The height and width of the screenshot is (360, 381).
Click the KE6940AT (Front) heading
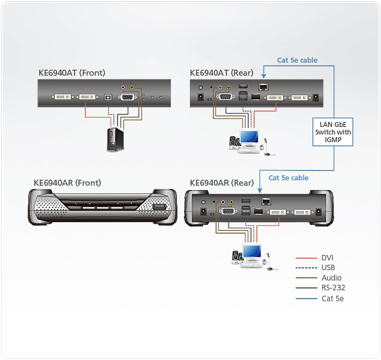pyautogui.click(x=71, y=72)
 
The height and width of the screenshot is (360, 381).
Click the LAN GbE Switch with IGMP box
pyautogui.click(x=333, y=132)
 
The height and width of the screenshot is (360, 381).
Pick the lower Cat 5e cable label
pyautogui.click(x=288, y=178)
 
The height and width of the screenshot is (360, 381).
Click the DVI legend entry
pyautogui.click(x=328, y=258)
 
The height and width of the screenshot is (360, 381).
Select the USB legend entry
pyautogui.click(x=328, y=267)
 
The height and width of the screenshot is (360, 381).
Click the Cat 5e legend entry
pyautogui.click(x=333, y=298)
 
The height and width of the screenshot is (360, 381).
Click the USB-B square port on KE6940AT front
pyautogui.click(x=107, y=98)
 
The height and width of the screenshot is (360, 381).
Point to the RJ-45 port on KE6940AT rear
pyautogui.click(x=263, y=88)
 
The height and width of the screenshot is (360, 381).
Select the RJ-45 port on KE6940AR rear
pyautogui.click(x=264, y=200)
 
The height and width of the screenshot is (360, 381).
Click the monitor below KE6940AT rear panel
pyautogui.click(x=250, y=139)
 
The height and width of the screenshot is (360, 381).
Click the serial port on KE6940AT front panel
pyautogui.click(x=129, y=97)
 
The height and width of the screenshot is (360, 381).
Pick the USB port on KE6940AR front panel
pyautogui.click(x=159, y=208)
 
